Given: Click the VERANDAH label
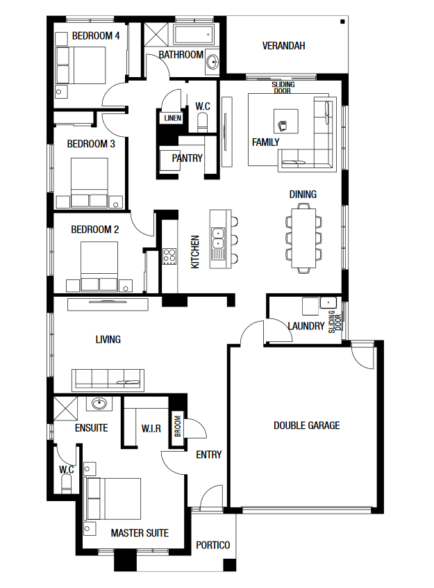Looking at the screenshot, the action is (283, 46).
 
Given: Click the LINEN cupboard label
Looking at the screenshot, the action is (173, 118).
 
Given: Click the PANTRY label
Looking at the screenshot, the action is (187, 158).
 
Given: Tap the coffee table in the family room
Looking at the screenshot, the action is (286, 121).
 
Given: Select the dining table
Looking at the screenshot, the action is (303, 238).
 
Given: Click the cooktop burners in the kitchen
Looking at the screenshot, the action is (169, 257).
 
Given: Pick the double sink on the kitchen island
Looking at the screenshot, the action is (218, 239).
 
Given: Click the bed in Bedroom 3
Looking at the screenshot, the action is (90, 183).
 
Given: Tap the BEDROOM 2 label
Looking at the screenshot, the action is (95, 229).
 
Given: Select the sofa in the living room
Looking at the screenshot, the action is (108, 380).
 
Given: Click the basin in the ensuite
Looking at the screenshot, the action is (99, 404).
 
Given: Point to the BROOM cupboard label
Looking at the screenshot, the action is (178, 426).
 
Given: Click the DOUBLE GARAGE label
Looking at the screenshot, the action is (306, 425).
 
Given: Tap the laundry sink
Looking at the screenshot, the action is (328, 302).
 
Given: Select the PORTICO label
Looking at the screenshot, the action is (213, 545).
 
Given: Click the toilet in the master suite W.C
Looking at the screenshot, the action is (67, 484).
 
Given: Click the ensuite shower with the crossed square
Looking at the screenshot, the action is (65, 408).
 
